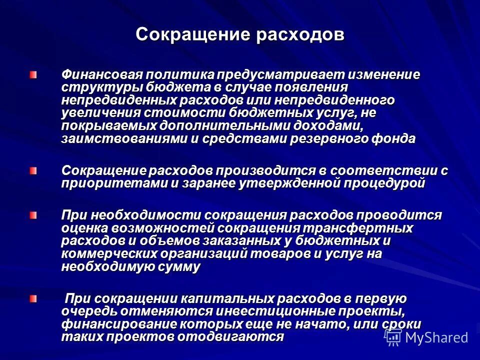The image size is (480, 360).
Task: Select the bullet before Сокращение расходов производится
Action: (x=32, y=171)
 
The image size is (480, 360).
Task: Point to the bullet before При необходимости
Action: (x=32, y=215)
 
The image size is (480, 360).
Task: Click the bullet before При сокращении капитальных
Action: (x=32, y=299)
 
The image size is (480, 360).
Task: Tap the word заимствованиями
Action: (x=124, y=139)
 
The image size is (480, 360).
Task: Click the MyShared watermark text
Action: (x=436, y=338)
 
